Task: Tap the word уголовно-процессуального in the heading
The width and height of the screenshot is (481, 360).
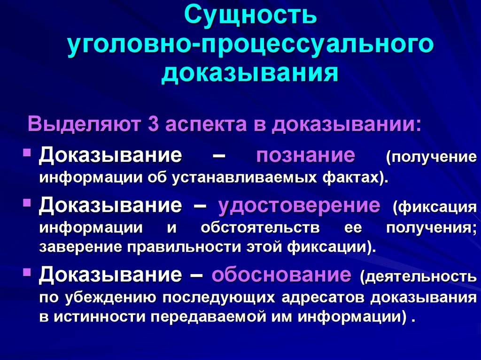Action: pos(249,46)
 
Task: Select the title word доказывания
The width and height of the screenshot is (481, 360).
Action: pos(249,74)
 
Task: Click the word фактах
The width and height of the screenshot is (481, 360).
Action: pos(363,178)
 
